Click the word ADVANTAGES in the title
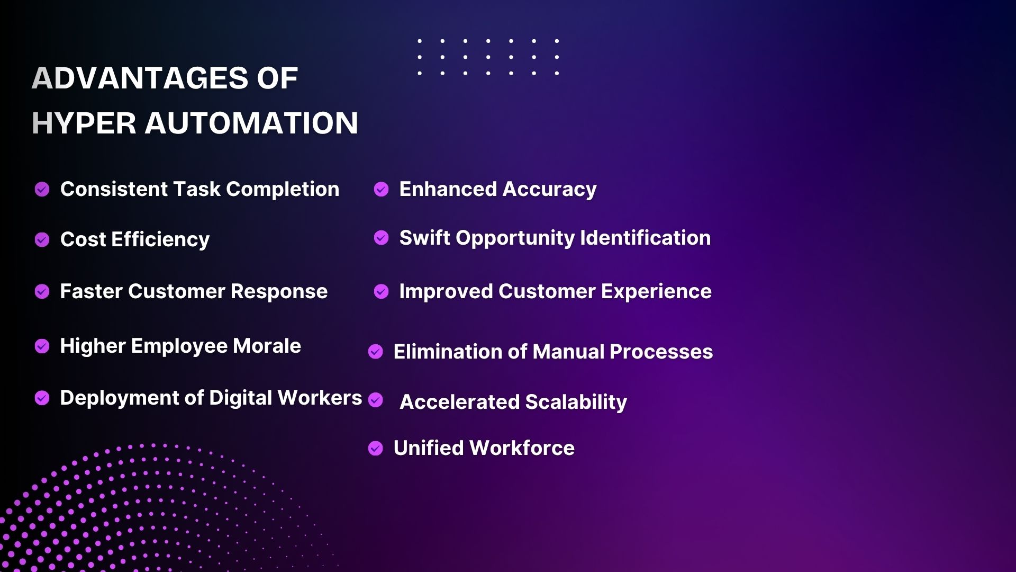pyautogui.click(x=140, y=78)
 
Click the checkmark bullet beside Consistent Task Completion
pyautogui.click(x=42, y=189)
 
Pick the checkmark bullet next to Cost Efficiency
pyautogui.click(x=42, y=240)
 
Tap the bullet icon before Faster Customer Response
pyautogui.click(x=42, y=291)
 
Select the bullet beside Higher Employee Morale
pyautogui.click(x=42, y=346)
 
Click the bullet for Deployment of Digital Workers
pyautogui.click(x=42, y=398)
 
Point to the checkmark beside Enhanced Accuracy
pyautogui.click(x=382, y=189)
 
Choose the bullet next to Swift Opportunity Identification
pyautogui.click(x=382, y=238)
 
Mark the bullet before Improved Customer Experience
pyautogui.click(x=382, y=291)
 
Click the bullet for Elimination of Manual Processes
pyautogui.click(x=376, y=352)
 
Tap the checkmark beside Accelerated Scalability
pyautogui.click(x=376, y=400)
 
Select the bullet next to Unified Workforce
pyautogui.click(x=376, y=449)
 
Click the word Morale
pyautogui.click(x=267, y=346)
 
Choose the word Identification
pyautogui.click(x=646, y=238)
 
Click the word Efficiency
pyautogui.click(x=161, y=240)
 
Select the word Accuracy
pyautogui.click(x=550, y=190)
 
